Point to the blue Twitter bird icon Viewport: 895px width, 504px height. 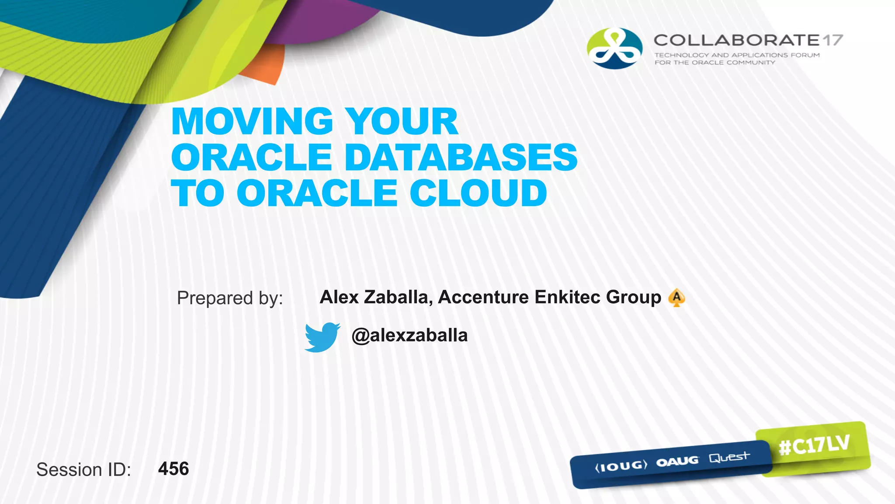[x=322, y=337]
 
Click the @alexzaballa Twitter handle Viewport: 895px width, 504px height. [x=409, y=336]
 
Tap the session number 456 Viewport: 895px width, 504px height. [x=173, y=469]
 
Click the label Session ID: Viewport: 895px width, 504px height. [x=83, y=469]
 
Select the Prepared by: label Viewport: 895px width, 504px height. [x=230, y=298]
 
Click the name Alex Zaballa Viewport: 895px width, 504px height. [x=376, y=297]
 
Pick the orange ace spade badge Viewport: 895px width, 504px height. [x=676, y=297]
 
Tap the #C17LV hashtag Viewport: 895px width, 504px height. [x=814, y=445]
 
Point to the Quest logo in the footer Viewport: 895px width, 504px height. [x=729, y=458]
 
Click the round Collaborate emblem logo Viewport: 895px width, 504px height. [x=614, y=49]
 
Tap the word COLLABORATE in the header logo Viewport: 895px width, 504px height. [x=737, y=40]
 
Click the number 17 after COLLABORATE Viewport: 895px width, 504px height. [x=832, y=40]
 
